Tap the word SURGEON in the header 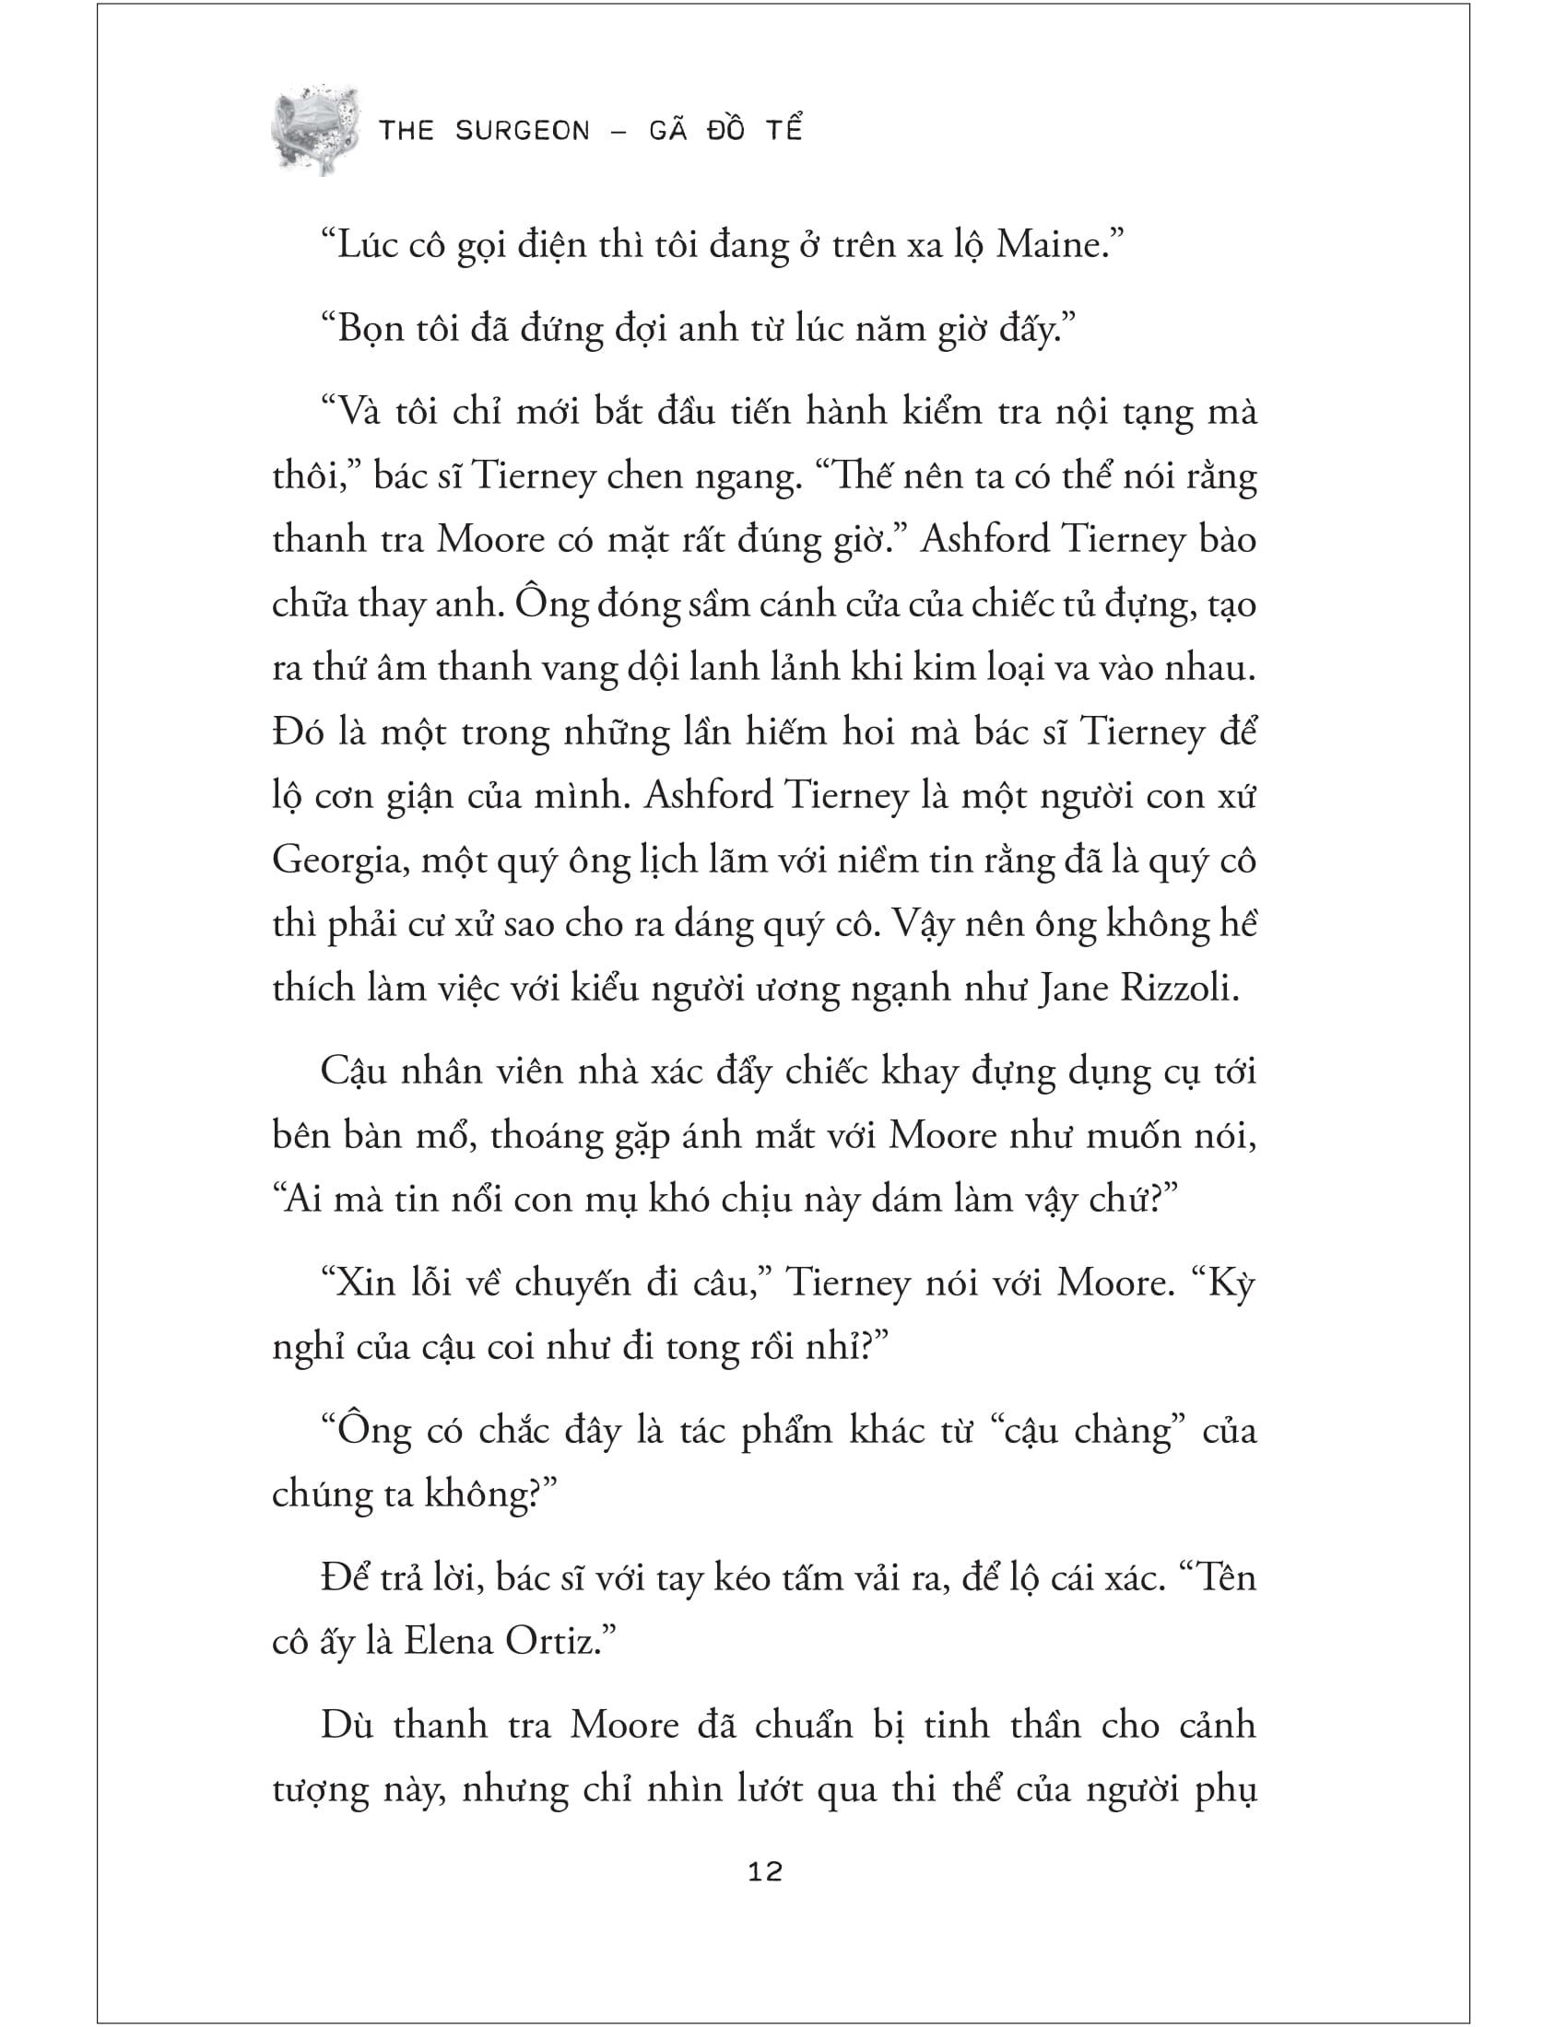click(x=523, y=131)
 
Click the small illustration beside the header click(x=313, y=130)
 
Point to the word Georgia click(x=340, y=861)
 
